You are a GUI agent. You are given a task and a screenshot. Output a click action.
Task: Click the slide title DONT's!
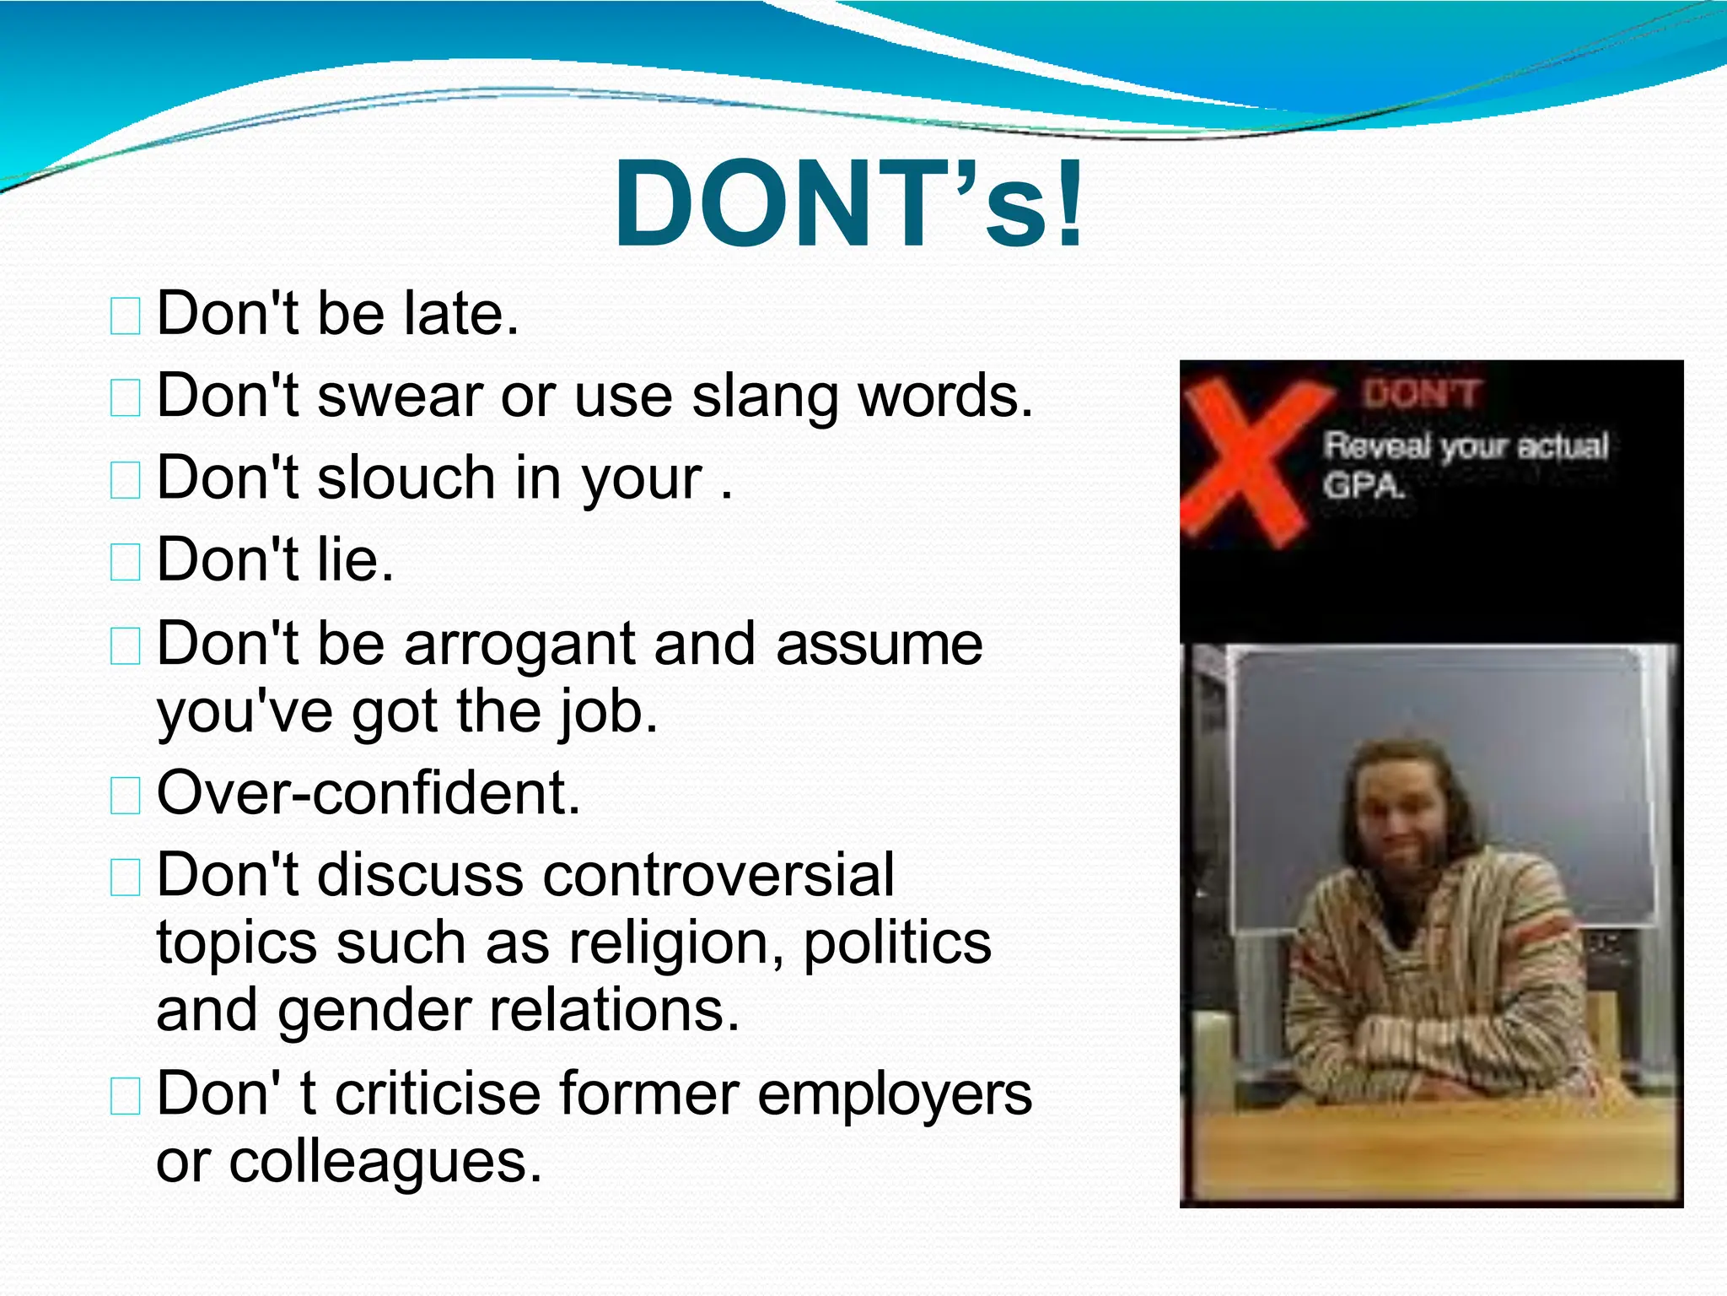coord(848,205)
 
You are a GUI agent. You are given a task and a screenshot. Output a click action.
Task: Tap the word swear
coord(400,396)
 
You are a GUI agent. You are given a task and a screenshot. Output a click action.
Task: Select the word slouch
coord(406,478)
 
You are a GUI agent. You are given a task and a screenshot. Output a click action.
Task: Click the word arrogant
coord(519,644)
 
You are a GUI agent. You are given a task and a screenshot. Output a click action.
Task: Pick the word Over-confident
coord(369,793)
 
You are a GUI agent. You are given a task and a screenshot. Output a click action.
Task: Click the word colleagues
coord(385,1163)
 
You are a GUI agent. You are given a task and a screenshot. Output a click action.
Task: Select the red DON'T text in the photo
coord(1422,394)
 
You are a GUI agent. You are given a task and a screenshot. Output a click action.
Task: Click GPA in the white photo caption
coord(1363,486)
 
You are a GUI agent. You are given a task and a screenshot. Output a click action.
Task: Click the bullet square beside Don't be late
coord(126,316)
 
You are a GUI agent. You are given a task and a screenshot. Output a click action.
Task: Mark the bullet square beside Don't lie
coord(126,563)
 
